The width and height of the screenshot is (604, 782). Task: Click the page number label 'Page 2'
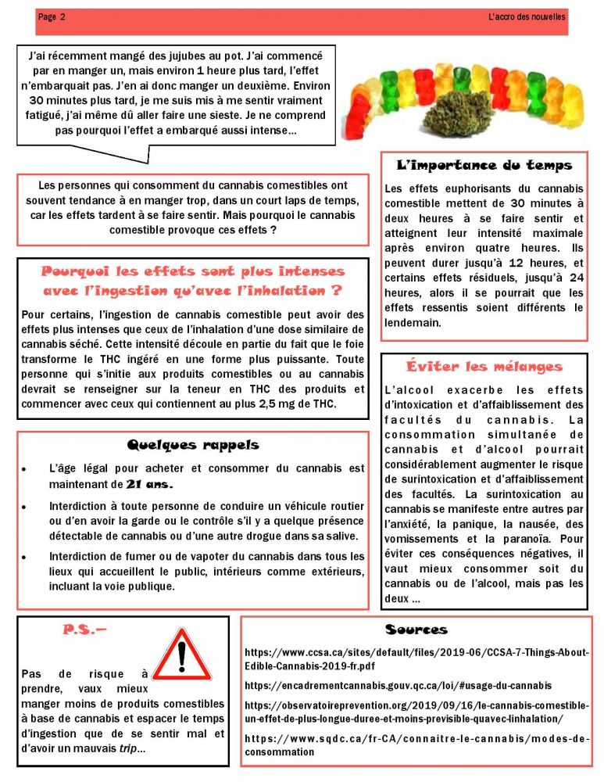[52, 17]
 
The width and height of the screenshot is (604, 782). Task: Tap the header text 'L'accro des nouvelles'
[527, 16]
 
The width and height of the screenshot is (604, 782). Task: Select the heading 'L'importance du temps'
[484, 165]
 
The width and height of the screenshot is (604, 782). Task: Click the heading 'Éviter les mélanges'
[484, 367]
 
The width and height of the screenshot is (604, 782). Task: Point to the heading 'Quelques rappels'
[193, 445]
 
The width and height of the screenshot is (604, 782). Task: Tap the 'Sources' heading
[416, 630]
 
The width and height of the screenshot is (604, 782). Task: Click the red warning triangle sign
[183, 655]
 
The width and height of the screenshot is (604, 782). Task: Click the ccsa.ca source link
[416, 658]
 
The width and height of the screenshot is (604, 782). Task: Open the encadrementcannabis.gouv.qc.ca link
[398, 685]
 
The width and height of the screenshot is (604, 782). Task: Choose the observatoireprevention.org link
[416, 712]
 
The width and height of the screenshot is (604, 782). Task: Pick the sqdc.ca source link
[416, 744]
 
